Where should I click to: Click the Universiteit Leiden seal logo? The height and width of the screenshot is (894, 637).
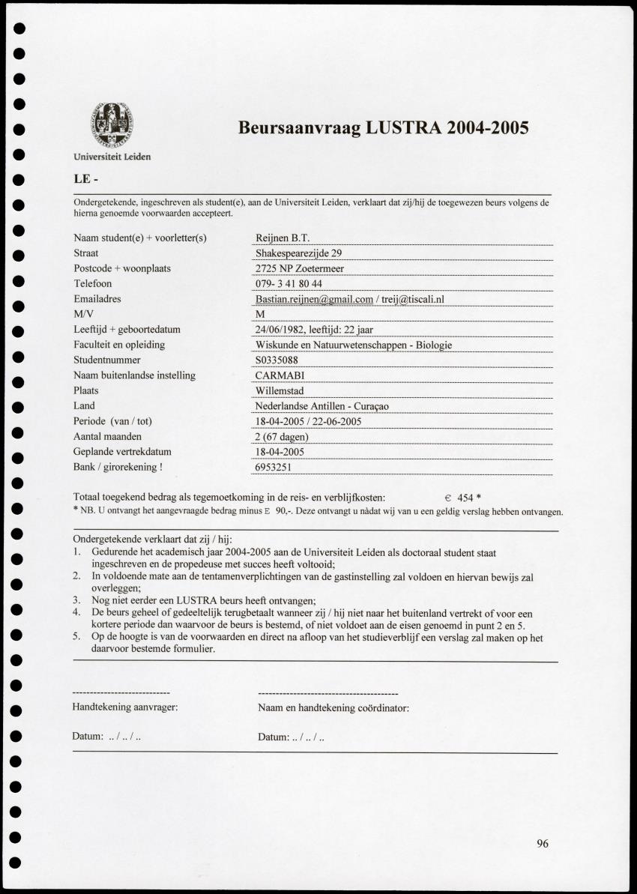coord(113,124)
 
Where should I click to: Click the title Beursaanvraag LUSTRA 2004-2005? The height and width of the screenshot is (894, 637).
coord(383,127)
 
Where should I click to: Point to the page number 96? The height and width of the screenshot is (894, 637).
coord(543,844)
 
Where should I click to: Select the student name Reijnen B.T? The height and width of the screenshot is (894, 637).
coord(277,238)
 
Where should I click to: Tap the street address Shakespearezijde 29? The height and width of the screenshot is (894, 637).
coord(298,253)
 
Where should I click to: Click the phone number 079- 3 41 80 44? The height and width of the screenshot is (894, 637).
coord(289,284)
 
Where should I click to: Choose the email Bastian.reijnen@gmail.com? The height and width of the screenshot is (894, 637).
coord(314,299)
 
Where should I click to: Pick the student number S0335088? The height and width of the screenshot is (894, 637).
coord(277,360)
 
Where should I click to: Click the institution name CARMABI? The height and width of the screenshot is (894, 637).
coord(280,375)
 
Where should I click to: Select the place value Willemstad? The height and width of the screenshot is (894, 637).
coord(280,391)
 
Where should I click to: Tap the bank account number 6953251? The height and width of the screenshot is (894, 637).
coord(274,468)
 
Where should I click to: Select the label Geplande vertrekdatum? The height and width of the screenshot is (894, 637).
coord(122,452)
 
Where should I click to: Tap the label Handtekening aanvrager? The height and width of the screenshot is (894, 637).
coord(124,707)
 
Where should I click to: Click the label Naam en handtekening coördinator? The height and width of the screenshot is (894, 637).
coord(333,707)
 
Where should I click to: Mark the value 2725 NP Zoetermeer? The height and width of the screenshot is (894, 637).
coord(300,268)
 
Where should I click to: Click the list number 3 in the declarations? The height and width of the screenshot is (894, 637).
coord(76,599)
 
